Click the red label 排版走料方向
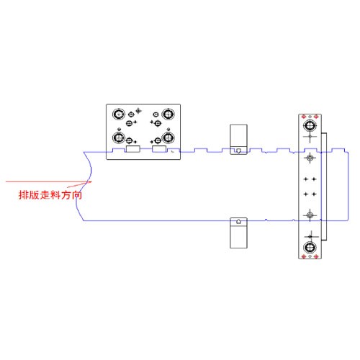[x=50, y=195]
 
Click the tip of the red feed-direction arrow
[x=92, y=181]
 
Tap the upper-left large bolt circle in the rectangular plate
[x=119, y=114]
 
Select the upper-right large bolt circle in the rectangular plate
[x=168, y=114]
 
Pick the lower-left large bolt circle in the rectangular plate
[x=119, y=138]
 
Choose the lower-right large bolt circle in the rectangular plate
[x=168, y=138]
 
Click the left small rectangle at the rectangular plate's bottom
[x=133, y=149]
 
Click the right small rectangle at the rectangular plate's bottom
[x=159, y=149]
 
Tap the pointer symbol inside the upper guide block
[x=238, y=151]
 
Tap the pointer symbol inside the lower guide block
[x=238, y=221]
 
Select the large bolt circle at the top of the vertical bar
[x=310, y=125]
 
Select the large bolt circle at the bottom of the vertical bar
[x=310, y=247]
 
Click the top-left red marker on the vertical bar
[x=304, y=117]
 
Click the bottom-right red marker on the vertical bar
[x=316, y=256]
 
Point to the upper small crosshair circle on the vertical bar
[x=310, y=158]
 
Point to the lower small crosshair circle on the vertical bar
[x=310, y=215]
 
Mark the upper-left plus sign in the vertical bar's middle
[x=306, y=179]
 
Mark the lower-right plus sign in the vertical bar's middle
[x=314, y=194]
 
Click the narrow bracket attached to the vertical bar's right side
[x=324, y=186]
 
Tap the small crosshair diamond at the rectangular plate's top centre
[x=138, y=111]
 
